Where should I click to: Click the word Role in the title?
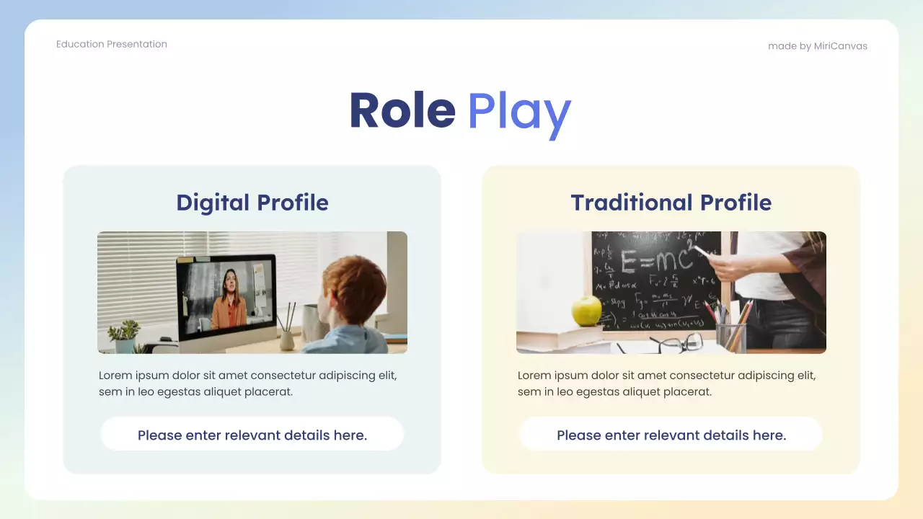coord(402,111)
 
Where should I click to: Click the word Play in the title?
coord(518,112)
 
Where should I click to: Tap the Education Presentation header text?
coord(112,44)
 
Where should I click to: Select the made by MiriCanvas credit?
coord(817,46)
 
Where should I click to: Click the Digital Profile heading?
coord(252,203)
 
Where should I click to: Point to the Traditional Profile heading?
coord(671,203)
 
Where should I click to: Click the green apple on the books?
coord(587,311)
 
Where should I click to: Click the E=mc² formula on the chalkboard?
coord(653,262)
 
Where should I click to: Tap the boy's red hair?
coord(353,288)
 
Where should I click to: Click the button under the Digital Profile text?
coord(252,435)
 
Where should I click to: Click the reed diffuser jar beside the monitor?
coord(288,335)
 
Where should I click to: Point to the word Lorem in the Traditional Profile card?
coord(534,376)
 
